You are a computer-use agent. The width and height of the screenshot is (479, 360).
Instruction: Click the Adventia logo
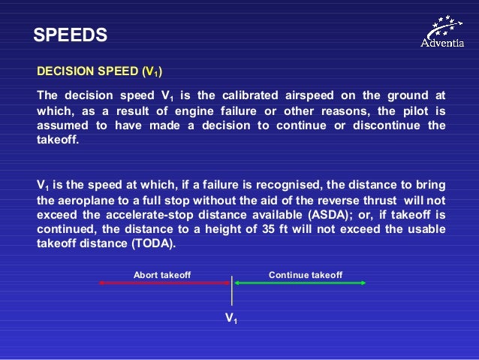tap(447, 32)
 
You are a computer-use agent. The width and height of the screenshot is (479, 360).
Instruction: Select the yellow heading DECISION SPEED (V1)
tap(100, 73)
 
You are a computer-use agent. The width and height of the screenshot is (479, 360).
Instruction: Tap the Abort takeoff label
tap(162, 275)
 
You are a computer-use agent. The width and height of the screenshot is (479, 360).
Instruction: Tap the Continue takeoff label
tap(306, 275)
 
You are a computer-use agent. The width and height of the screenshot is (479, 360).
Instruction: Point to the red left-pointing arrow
tap(164, 283)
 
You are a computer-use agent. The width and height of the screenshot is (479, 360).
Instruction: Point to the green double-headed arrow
tap(300, 283)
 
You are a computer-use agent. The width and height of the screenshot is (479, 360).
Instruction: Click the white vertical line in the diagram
tap(232, 289)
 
